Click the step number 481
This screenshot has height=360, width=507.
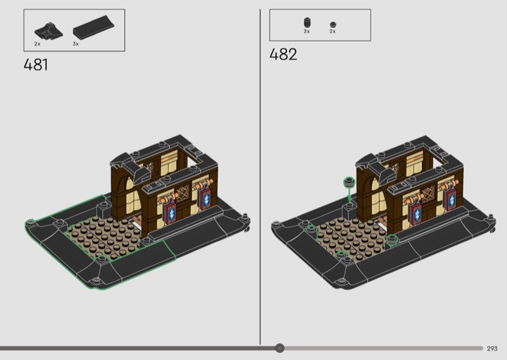tap(36, 65)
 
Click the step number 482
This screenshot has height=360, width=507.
tap(283, 54)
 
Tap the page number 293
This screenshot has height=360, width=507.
tap(492, 349)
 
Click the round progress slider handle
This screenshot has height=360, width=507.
tap(279, 348)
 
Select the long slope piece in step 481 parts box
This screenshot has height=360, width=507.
tap(93, 27)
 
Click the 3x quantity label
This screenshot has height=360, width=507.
tap(75, 44)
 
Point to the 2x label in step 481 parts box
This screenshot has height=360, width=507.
tap(37, 44)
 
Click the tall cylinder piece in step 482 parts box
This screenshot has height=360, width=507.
tap(307, 23)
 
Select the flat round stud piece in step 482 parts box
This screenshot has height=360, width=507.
tap(333, 25)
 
